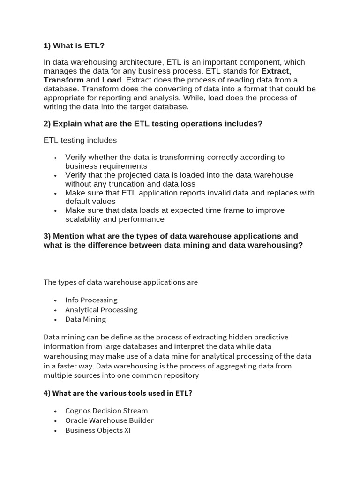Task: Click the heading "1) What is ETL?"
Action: pos(74,45)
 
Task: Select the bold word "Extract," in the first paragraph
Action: pos(276,71)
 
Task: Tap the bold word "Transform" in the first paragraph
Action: pos(64,80)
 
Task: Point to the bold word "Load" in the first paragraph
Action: pos(112,80)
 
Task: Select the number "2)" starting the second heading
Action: pos(47,124)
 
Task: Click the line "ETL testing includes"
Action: pos(80,140)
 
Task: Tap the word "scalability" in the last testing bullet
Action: pos(84,219)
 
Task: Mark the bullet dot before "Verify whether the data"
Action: pos(56,158)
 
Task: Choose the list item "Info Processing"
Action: pos(91,300)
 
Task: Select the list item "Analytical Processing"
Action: pos(101,310)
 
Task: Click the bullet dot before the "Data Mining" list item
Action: pos(56,320)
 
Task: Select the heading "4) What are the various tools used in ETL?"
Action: pos(118,393)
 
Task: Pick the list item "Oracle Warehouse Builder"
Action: pos(109,420)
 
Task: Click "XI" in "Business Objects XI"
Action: pos(127,430)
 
